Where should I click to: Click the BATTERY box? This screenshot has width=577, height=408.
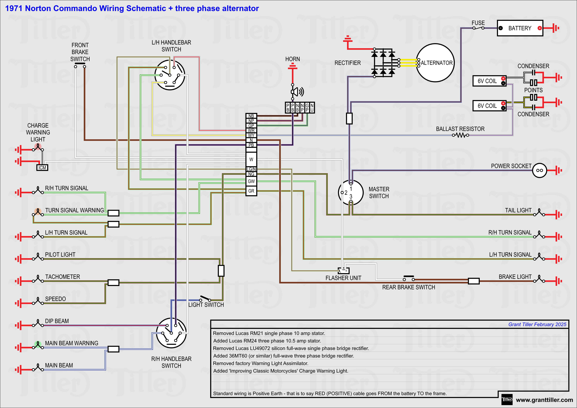pyautogui.click(x=520, y=28)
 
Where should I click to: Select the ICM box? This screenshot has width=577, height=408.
pyautogui.click(x=42, y=168)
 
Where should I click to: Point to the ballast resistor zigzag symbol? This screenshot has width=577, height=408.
pyautogui.click(x=460, y=135)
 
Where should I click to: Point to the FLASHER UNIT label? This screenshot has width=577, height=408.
pyautogui.click(x=343, y=278)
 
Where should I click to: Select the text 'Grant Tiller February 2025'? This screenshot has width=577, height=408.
pyautogui.click(x=537, y=324)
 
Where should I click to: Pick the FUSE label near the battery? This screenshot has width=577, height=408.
pyautogui.click(x=478, y=23)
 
